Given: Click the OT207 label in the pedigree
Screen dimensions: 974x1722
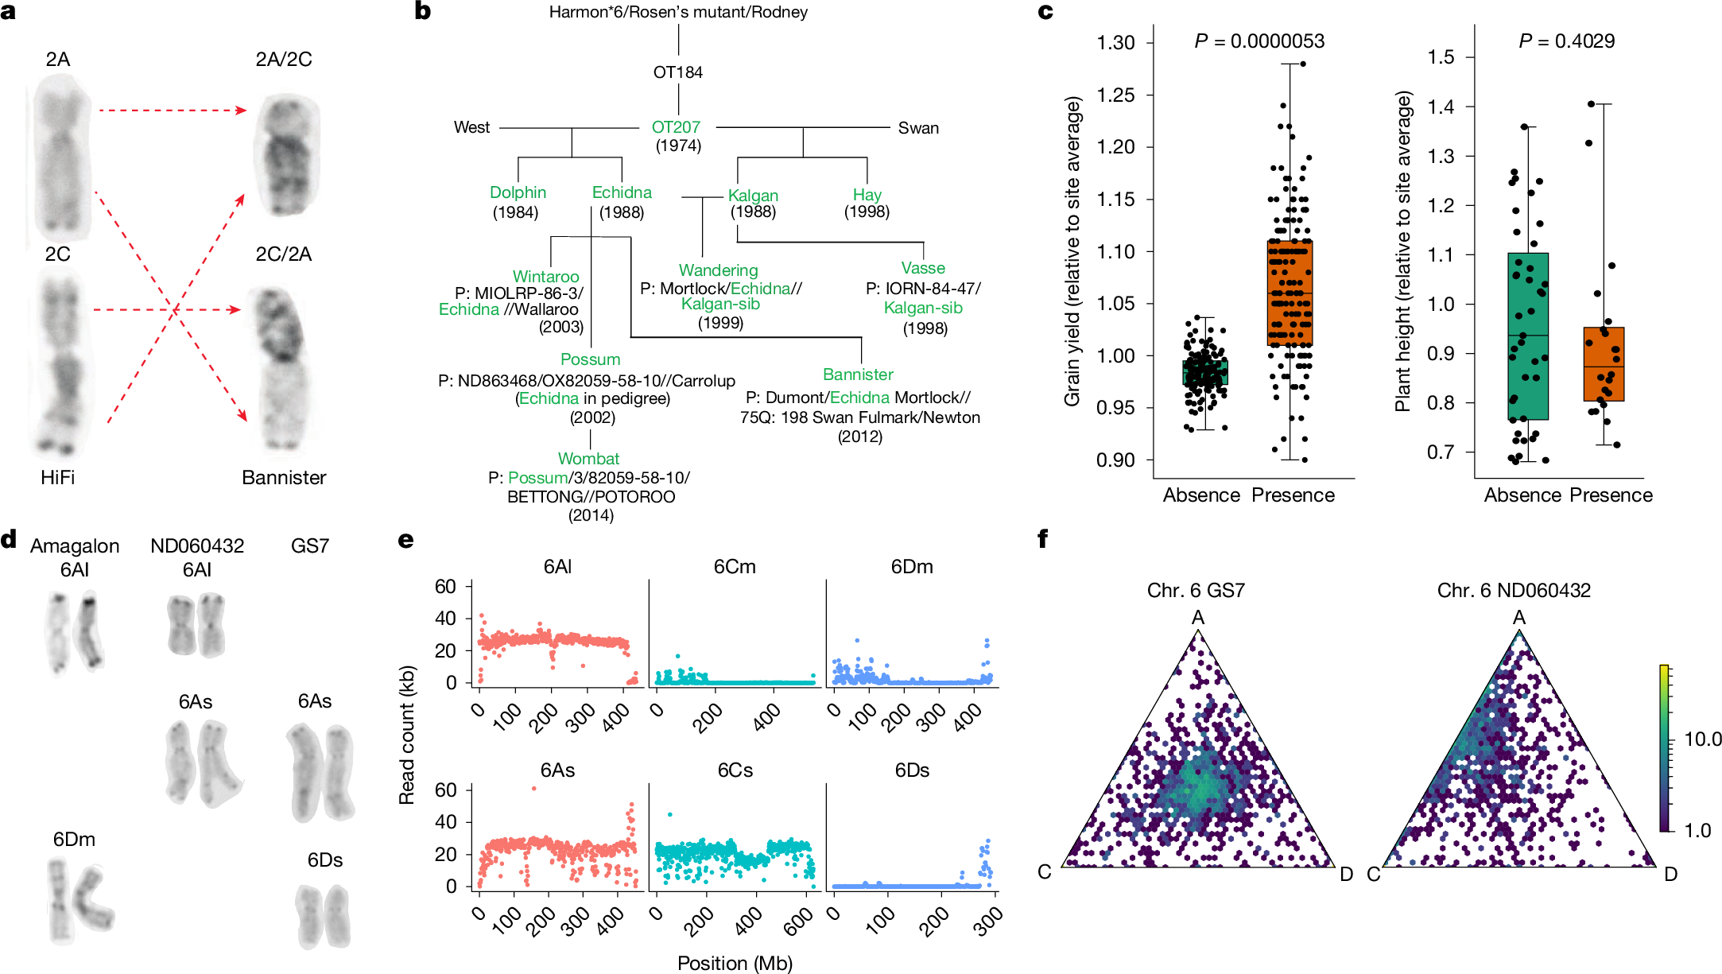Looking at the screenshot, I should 676,127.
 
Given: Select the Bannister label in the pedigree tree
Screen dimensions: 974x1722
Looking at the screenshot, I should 858,374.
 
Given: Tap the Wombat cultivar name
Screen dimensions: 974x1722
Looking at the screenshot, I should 588,459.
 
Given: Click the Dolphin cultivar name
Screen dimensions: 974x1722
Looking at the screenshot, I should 518,192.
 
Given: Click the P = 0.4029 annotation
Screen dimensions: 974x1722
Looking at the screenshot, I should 1566,41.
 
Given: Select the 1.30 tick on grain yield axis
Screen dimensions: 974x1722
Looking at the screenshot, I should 1115,43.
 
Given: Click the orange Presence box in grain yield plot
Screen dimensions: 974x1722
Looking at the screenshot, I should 1290,293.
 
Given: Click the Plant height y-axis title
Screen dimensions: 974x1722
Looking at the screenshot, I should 1403,251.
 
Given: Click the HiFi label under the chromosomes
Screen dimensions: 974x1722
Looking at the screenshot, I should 57,478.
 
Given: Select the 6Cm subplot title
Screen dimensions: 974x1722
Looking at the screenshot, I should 735,567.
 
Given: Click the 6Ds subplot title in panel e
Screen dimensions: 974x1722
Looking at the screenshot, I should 912,770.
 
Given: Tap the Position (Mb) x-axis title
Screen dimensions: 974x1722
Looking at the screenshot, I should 735,964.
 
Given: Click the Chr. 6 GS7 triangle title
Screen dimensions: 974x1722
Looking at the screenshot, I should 1196,591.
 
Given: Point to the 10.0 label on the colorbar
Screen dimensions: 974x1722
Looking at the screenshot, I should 1702,739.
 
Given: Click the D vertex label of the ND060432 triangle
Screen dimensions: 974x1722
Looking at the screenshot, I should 1670,875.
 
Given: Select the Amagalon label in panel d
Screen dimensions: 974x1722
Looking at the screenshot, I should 75,546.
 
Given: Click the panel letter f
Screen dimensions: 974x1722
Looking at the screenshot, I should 1043,539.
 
